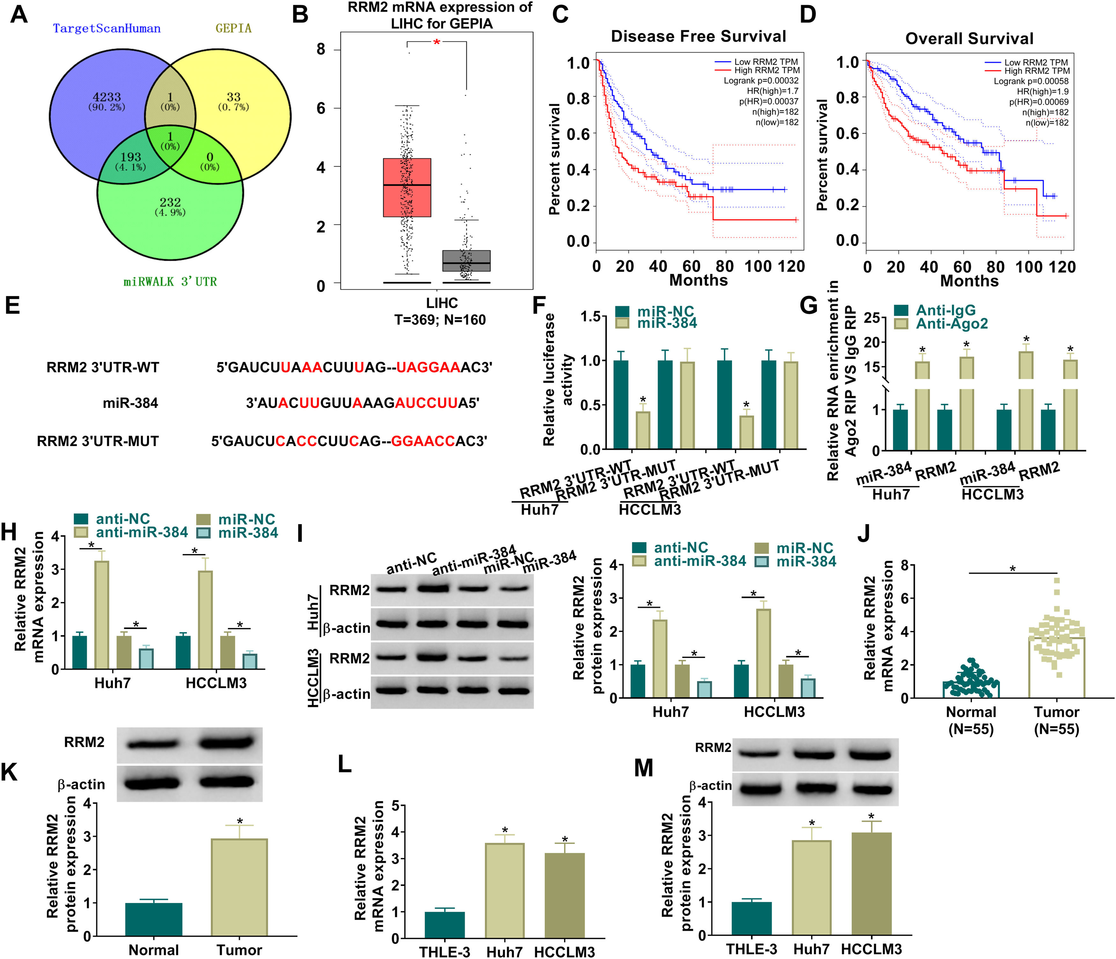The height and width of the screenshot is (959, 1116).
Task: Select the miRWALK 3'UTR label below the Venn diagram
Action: pyautogui.click(x=170, y=282)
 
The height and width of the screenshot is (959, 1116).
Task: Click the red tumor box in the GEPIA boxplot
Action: pyautogui.click(x=407, y=187)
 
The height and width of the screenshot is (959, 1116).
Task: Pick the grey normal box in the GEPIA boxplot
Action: pyautogui.click(x=466, y=260)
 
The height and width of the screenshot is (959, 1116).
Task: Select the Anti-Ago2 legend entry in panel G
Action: pyautogui.click(x=952, y=324)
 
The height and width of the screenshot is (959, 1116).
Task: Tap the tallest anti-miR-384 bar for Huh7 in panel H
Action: pyautogui.click(x=102, y=614)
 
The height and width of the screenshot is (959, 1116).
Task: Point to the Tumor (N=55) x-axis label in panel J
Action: pyautogui.click(x=1056, y=721)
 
